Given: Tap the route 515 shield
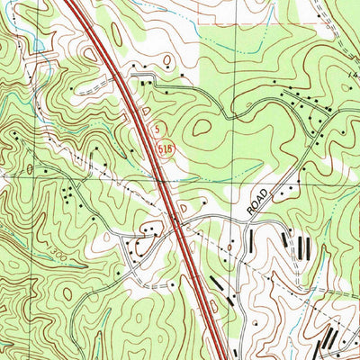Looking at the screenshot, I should tap(154, 142).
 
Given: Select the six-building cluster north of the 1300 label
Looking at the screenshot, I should tap(69, 193).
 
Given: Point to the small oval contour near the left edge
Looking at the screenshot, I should tap(30, 168).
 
